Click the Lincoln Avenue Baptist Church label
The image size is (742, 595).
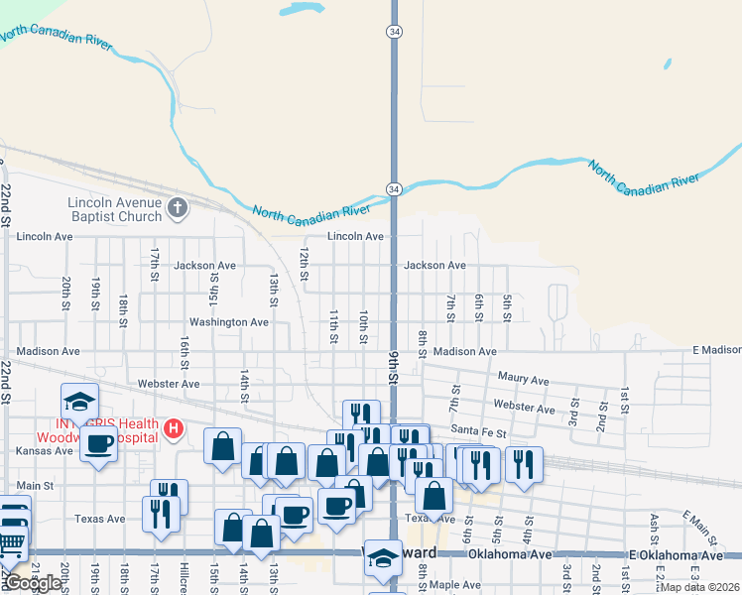pos(114,209)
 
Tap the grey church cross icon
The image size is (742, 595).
pos(178,207)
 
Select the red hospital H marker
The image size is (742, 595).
pos(175,428)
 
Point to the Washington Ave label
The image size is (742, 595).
pos(229,322)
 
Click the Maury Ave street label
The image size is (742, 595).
pos(523,379)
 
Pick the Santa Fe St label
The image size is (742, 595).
pos(478,432)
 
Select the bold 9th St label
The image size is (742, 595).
pos(394,378)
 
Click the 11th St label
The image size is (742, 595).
pos(334,327)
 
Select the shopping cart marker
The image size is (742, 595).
pos(10,541)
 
